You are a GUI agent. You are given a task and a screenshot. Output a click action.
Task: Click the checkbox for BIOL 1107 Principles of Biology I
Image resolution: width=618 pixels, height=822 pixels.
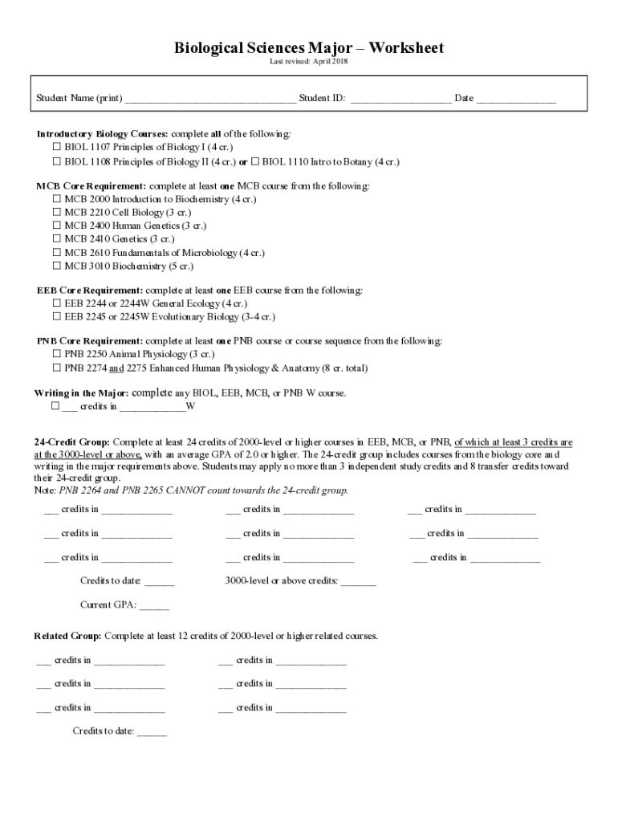[x=57, y=148]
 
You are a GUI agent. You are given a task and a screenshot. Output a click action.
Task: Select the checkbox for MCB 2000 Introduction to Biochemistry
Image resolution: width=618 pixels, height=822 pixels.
[x=57, y=199]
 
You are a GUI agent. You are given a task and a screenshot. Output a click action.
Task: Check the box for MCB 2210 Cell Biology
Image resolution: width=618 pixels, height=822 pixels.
[x=57, y=213]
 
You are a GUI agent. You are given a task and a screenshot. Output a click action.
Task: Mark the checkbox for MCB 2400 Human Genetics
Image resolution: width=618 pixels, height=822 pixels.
[x=57, y=226]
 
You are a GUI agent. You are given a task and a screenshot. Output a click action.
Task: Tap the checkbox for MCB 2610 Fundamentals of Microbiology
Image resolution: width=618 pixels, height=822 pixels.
[x=57, y=253]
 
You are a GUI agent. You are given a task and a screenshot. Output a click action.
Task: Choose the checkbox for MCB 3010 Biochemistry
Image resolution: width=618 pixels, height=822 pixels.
[x=57, y=266]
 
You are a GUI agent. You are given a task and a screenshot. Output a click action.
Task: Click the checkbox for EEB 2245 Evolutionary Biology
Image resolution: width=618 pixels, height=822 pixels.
[x=57, y=316]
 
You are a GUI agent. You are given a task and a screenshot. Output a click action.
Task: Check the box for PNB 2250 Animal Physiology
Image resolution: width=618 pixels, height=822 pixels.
[x=57, y=354]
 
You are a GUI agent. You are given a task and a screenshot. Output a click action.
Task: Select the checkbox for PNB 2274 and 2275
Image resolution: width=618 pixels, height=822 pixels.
[x=57, y=368]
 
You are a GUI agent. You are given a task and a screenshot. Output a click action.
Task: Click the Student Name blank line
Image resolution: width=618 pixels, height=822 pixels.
[x=210, y=100]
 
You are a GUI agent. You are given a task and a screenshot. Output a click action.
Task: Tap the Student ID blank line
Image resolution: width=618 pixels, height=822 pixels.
[x=400, y=100]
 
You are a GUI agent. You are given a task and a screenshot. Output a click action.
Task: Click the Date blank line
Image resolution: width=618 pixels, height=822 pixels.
[x=516, y=100]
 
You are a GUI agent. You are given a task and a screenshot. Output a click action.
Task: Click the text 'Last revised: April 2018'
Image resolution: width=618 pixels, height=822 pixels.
[x=309, y=63]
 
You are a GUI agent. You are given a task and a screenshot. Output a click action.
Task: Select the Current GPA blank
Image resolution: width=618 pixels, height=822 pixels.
[x=154, y=606]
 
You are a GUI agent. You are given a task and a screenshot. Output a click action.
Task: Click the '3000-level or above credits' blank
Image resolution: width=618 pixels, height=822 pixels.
[x=358, y=581]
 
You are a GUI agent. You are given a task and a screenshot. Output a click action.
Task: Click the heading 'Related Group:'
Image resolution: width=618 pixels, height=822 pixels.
[x=67, y=636]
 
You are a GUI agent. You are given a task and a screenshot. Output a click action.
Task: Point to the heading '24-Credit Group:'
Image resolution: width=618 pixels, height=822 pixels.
[x=71, y=442]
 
